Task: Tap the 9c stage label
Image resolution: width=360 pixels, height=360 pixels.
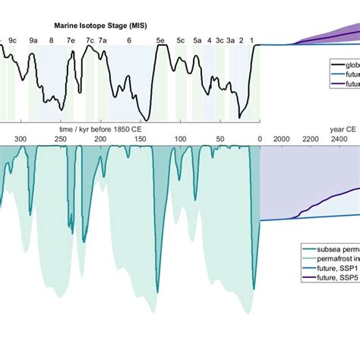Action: (x=13, y=41)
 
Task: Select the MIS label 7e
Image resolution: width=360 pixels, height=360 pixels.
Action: (x=71, y=41)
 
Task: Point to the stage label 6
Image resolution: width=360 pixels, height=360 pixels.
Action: (x=128, y=41)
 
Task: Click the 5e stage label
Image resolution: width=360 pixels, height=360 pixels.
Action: (x=159, y=41)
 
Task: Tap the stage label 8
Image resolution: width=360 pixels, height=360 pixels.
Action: (x=52, y=41)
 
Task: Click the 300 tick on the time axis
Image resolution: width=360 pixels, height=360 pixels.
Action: (x=21, y=139)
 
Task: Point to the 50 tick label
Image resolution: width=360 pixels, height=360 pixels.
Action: (x=220, y=139)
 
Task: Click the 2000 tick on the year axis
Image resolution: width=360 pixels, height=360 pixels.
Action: (x=280, y=139)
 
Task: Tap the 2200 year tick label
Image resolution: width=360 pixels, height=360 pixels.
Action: (x=311, y=139)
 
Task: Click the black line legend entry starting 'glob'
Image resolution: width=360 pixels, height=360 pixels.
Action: (x=346, y=65)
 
